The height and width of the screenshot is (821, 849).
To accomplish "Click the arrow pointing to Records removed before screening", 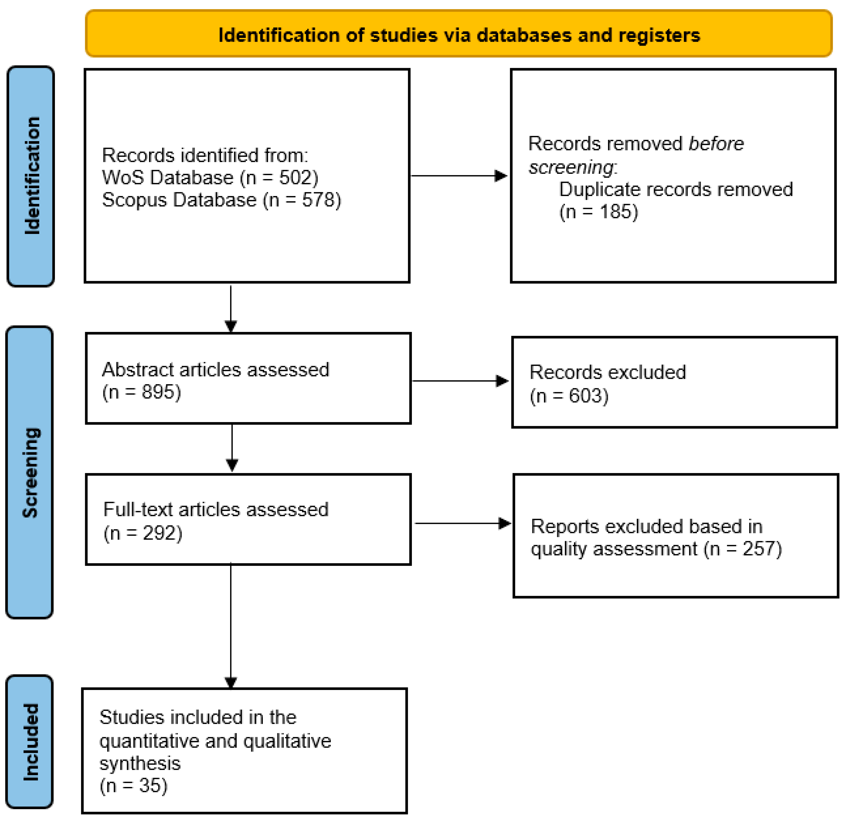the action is coord(459,176).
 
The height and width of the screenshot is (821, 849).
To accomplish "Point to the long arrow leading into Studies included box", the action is coord(231,625).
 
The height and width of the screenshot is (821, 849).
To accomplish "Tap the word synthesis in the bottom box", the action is coord(140,763).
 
